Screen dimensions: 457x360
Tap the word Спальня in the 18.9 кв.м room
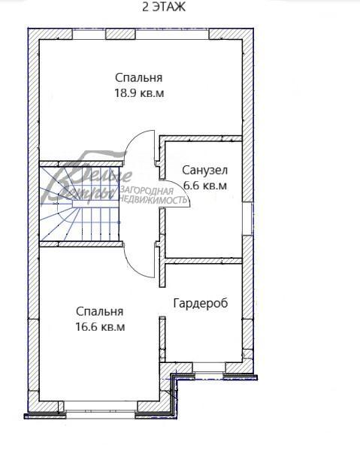click(x=138, y=77)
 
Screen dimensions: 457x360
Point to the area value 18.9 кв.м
click(x=138, y=94)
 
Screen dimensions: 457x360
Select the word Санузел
click(x=204, y=170)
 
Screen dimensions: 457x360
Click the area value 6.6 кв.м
click(x=204, y=185)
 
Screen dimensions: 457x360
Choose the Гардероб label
click(x=200, y=303)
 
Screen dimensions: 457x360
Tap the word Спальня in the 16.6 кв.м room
click(x=99, y=311)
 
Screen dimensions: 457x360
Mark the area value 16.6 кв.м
click(x=99, y=327)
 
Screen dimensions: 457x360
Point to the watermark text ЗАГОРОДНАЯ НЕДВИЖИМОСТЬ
click(x=154, y=196)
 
